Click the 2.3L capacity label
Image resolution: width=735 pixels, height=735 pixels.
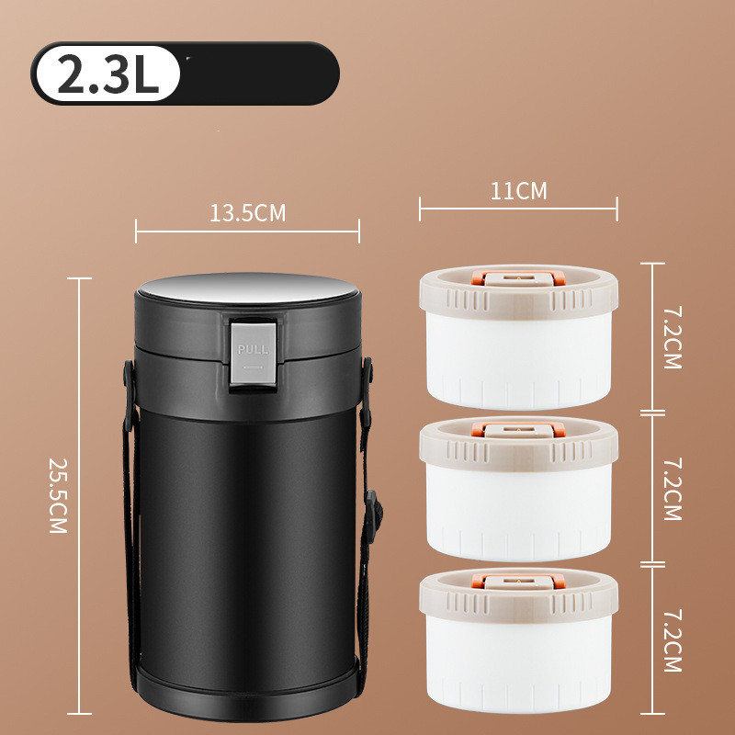coord(108,73)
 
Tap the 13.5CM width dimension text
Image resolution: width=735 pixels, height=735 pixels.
coord(247,213)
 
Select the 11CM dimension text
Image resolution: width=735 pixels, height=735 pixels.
coord(518,191)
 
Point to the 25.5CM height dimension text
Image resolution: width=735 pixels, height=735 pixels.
coord(58,495)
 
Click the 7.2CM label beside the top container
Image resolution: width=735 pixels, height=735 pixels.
coord(673,337)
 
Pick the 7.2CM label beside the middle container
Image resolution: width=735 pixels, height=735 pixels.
coord(673,489)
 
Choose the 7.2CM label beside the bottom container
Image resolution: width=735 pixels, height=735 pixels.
coord(673,640)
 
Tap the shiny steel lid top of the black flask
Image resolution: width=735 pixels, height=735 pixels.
coord(248,288)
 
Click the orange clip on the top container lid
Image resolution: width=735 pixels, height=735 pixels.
coord(518,278)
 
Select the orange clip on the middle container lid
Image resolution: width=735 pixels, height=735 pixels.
coord(518,430)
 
